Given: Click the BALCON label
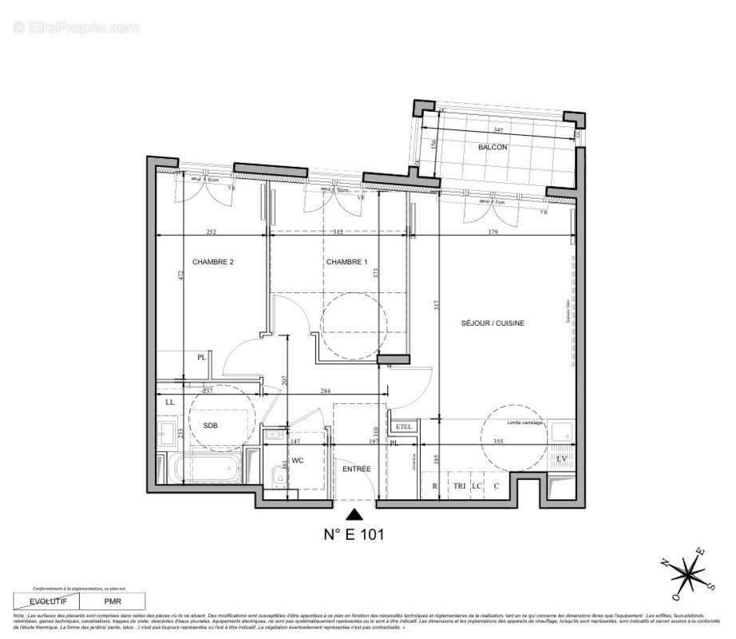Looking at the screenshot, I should point(493,147).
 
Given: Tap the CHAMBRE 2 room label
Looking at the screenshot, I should point(212,262).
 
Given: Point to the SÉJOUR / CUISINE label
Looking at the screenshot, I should point(492,323).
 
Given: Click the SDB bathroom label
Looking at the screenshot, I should point(211,426).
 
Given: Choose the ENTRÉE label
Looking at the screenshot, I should point(355,469).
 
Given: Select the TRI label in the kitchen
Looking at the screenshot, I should point(459,486).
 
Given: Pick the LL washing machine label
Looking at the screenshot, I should point(169,402).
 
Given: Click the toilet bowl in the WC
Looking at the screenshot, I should point(276,478).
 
